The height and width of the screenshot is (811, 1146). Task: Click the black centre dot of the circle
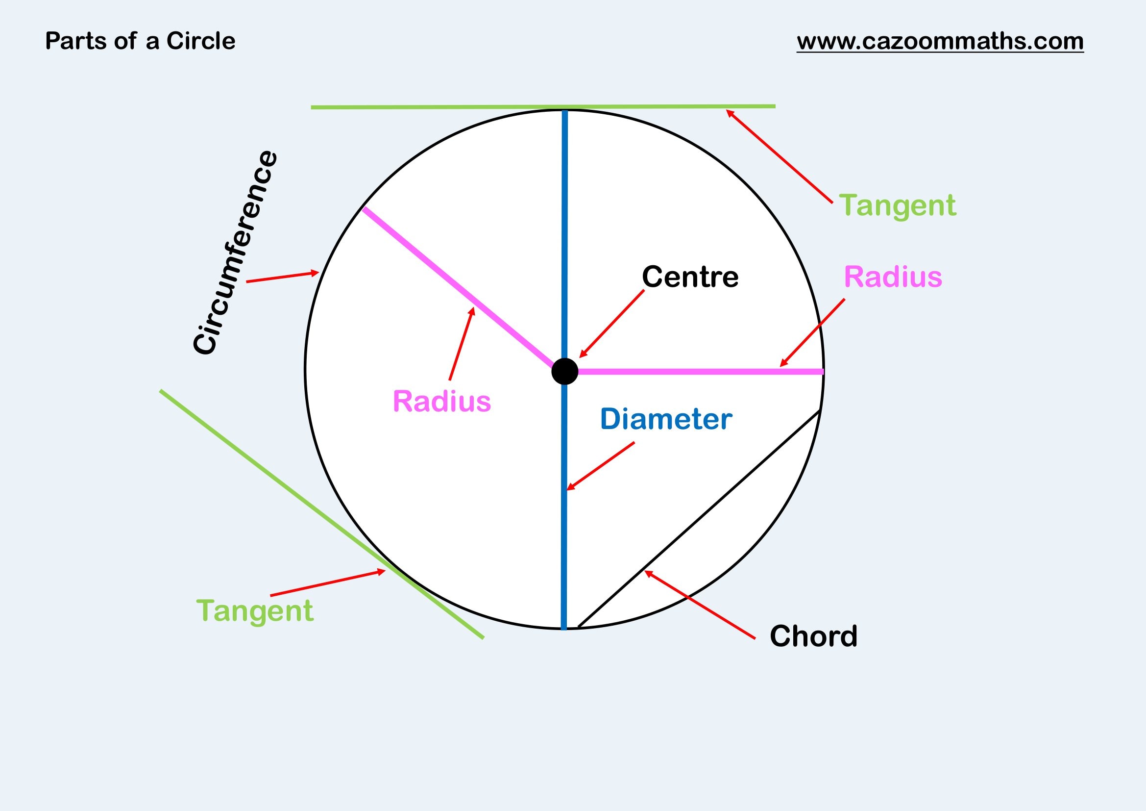564,371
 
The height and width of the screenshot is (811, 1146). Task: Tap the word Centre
690,277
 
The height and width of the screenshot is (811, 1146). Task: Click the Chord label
813,636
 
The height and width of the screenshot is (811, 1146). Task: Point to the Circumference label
235,252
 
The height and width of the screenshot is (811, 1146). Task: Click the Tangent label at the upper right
897,205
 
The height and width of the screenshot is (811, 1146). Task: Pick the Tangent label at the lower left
255,611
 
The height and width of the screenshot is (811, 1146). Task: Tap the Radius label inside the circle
442,401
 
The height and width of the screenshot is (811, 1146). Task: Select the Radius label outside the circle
892,277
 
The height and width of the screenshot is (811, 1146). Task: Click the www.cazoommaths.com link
940,41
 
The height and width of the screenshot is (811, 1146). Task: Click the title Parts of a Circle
140,41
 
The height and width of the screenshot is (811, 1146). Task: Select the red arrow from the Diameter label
601,465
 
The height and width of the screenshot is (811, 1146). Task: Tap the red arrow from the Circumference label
283,277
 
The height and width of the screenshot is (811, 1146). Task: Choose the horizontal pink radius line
699,372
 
